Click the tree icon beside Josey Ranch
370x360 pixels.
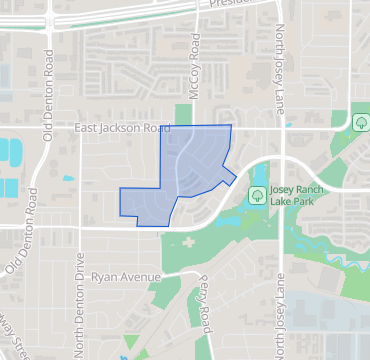coord(257,194)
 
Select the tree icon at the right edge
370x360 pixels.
coord(359,122)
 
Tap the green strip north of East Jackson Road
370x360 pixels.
coord(184,114)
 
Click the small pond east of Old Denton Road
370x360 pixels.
coord(68,179)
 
